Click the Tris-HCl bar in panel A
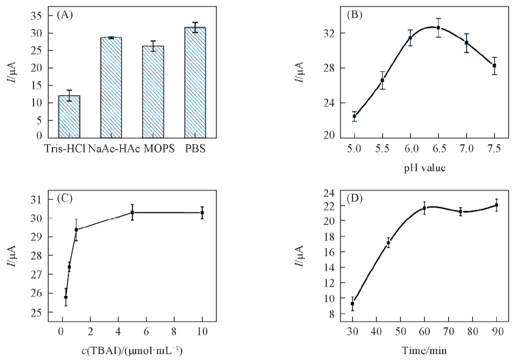pos(69,116)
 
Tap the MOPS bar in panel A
pos(153,91)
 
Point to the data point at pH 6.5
pos(438,28)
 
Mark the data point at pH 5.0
pos(354,116)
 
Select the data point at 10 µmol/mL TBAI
pos(202,212)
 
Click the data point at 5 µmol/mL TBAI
pos(132,212)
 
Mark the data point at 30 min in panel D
pos(352,304)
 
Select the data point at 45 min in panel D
pos(388,243)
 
